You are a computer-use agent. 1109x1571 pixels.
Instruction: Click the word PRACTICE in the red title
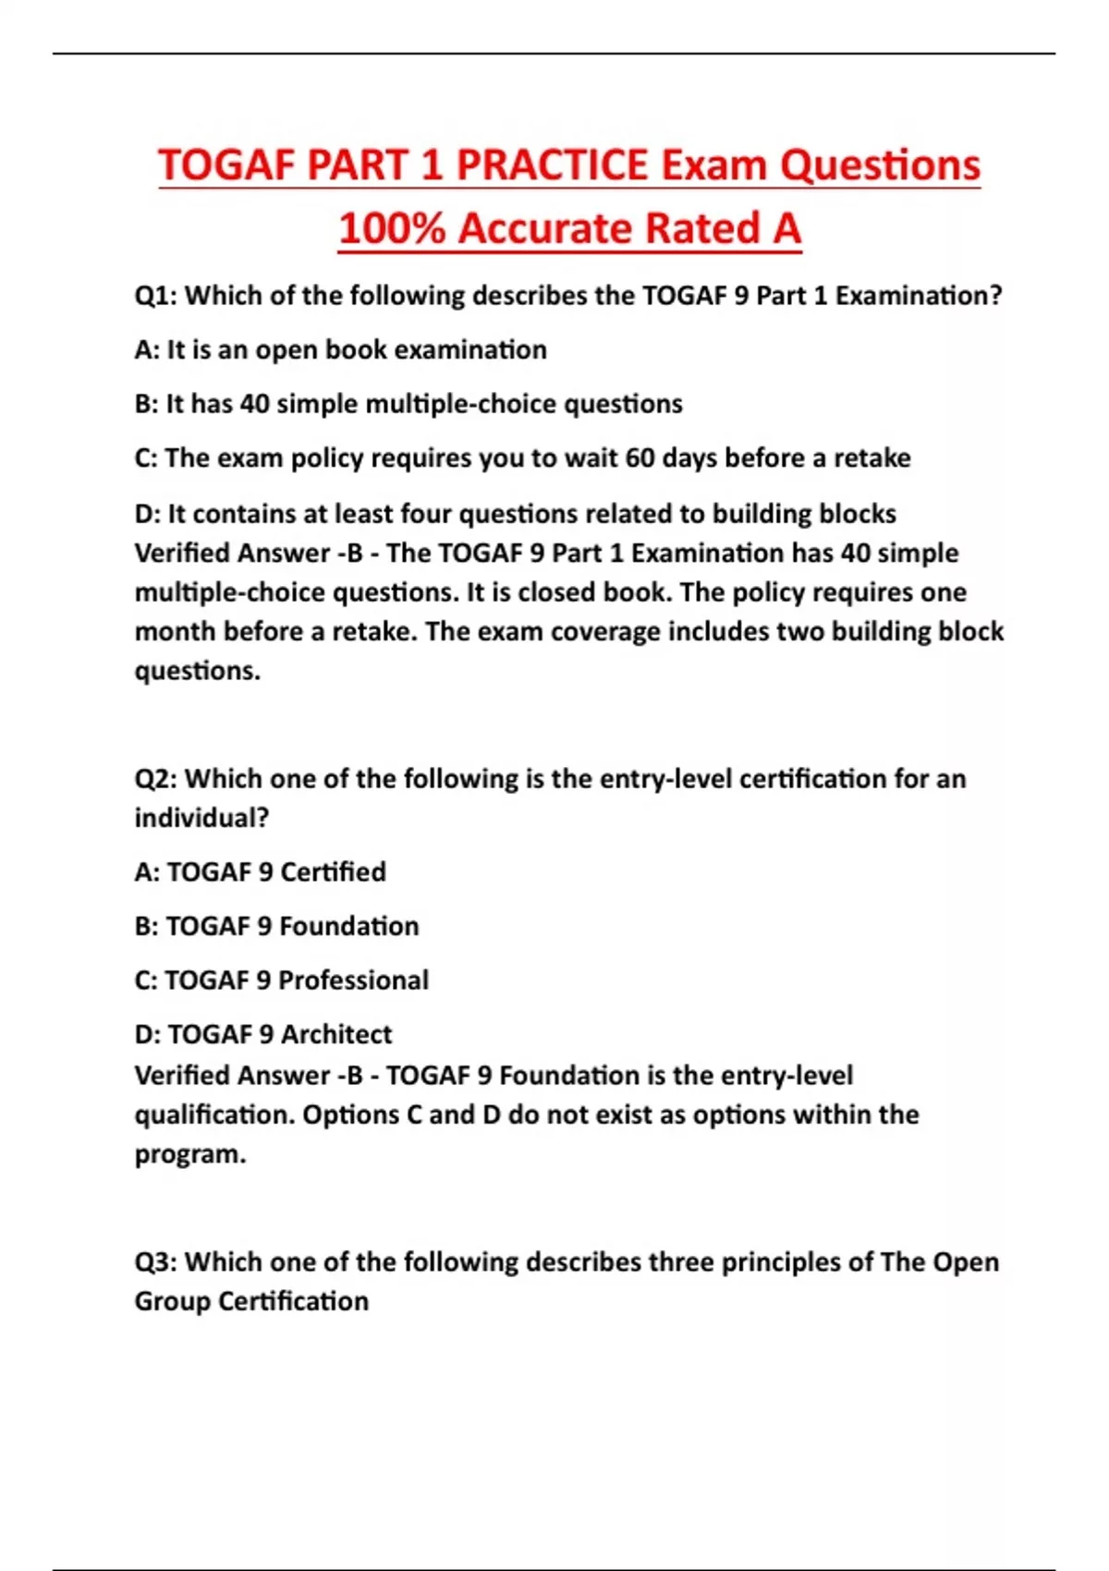click(x=553, y=166)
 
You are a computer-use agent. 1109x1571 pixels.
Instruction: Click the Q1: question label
click(x=156, y=296)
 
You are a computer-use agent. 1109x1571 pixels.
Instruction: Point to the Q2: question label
click(x=156, y=779)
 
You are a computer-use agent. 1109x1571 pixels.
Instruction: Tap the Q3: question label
click(x=156, y=1262)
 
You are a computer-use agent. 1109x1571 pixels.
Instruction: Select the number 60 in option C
click(x=640, y=458)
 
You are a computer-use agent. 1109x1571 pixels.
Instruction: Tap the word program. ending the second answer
click(x=190, y=1155)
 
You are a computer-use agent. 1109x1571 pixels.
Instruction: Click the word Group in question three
click(x=172, y=1301)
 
